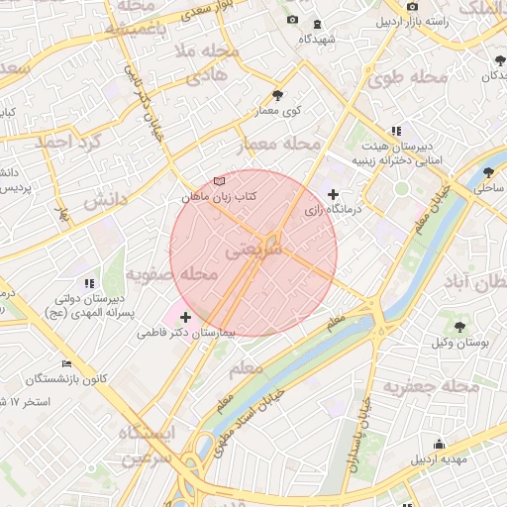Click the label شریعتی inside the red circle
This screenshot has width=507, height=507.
(x=254, y=252)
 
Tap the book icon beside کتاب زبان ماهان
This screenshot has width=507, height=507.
(x=219, y=181)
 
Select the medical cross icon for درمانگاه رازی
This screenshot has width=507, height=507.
(x=333, y=194)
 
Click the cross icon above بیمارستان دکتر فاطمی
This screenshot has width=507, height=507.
(x=185, y=317)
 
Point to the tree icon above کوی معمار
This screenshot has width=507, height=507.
(x=277, y=95)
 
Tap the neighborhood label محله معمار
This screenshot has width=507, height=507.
(x=282, y=146)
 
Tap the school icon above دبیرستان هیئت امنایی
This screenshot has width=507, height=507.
(x=396, y=130)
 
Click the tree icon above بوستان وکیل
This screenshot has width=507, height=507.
(x=460, y=326)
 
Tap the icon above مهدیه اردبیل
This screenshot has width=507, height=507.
(x=438, y=445)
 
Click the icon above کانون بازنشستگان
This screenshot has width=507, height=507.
(x=66, y=363)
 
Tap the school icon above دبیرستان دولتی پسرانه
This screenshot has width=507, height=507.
(x=89, y=283)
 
